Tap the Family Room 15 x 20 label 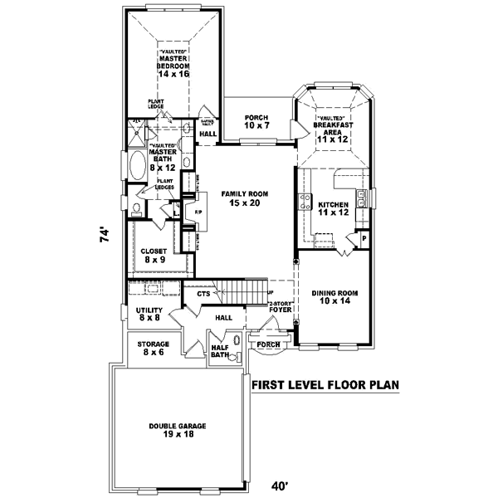tap(241, 198)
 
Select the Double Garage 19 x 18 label tap(178, 431)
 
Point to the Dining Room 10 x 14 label tap(334, 297)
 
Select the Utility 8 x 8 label tap(148, 314)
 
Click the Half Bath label tap(219, 352)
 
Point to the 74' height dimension tap(104, 235)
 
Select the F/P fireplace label tap(198, 212)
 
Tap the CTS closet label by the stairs tap(203, 294)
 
